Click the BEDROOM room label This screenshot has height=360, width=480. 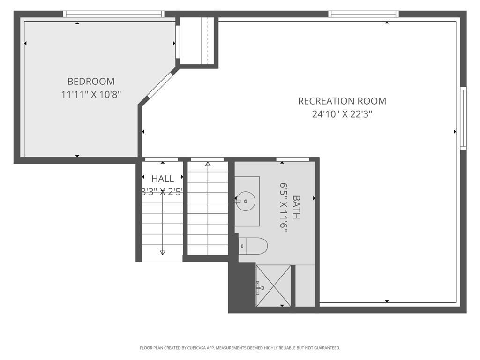point(91,81)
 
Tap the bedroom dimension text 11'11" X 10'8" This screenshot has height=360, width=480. point(91,94)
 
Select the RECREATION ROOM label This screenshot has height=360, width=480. point(342,101)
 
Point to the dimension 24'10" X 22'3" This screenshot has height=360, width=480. point(342,114)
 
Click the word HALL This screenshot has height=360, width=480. point(162,179)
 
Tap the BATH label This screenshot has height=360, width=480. point(296,207)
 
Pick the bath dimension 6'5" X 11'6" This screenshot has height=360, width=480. point(283,207)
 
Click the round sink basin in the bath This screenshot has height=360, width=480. point(245,201)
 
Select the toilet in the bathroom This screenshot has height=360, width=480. point(254,245)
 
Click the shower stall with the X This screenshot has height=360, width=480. point(273,285)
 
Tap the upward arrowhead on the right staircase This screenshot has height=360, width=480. point(208,164)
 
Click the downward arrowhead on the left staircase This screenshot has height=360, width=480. point(163,252)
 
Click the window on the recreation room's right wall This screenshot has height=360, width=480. point(463,118)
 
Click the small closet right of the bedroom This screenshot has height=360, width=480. point(197,41)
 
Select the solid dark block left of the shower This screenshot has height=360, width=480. point(242,287)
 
